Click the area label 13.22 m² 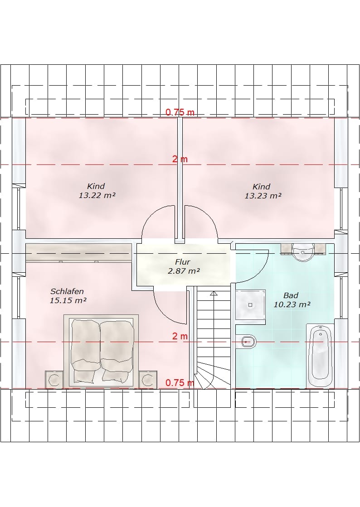coord(97,196)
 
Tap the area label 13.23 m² coord(263,196)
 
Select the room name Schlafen coord(67,291)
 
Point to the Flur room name coord(183,262)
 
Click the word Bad coord(291,295)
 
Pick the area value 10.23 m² coord(292,304)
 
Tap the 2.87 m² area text coord(183,271)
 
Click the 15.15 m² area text coord(68,300)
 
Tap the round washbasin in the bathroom coord(303,252)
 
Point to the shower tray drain coord(250,304)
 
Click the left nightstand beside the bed coord(54,379)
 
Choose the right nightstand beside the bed coord(148,379)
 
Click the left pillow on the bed coord(85,376)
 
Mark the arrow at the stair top coord(214,293)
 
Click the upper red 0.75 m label coord(180,112)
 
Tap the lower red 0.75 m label coord(180,383)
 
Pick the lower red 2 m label coord(180,336)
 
